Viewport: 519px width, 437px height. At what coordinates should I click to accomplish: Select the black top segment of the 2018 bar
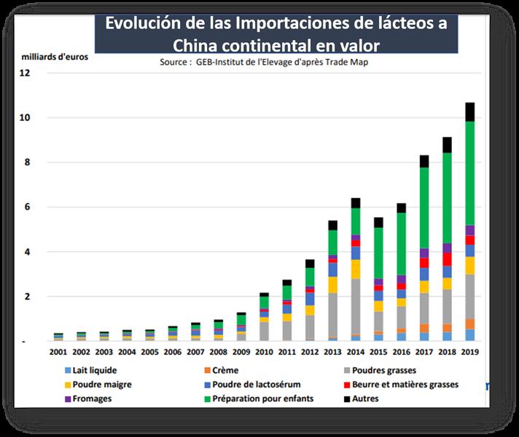click(x=447, y=144)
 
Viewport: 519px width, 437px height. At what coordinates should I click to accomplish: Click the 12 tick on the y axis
click(x=26, y=73)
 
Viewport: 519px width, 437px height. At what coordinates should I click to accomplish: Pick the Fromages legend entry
click(x=92, y=399)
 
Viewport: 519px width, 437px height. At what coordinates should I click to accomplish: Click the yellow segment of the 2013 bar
click(x=332, y=285)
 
